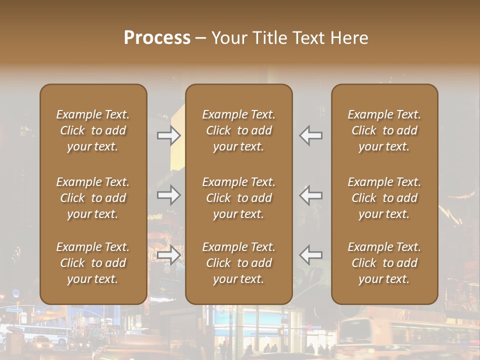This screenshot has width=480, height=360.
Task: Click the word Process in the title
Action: click(x=157, y=38)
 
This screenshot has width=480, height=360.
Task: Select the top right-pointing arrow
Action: click(x=169, y=135)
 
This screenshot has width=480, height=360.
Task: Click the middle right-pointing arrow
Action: click(x=169, y=195)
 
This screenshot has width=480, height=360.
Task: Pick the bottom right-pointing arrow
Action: click(x=169, y=255)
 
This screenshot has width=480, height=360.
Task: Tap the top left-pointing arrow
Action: click(x=311, y=135)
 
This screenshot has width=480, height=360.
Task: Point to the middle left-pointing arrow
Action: click(x=311, y=195)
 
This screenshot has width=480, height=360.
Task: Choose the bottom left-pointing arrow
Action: click(x=311, y=255)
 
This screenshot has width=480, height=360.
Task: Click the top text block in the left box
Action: click(x=93, y=130)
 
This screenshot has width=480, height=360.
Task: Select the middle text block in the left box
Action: click(x=93, y=198)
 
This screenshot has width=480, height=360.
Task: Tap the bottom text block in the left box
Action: click(x=93, y=263)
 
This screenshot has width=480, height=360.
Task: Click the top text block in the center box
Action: click(x=239, y=130)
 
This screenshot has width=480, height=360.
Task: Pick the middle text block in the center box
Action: click(x=239, y=198)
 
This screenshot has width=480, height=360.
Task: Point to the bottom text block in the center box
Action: click(x=239, y=263)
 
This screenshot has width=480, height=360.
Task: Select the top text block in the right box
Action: click(x=384, y=130)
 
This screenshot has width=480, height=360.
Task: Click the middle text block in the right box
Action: click(x=384, y=198)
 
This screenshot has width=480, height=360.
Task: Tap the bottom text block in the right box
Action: click(x=384, y=263)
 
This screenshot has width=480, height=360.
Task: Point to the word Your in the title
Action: click(x=228, y=38)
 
